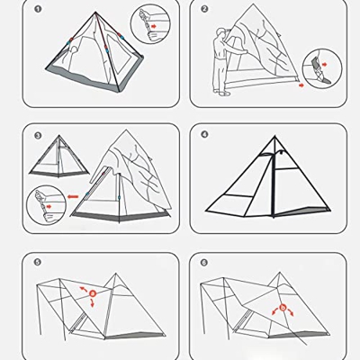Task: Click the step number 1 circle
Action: coord(38,10)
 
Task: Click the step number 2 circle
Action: coord(204,10)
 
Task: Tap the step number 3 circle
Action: coord(38,137)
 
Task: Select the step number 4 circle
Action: coord(204,136)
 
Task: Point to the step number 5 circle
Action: coord(37,263)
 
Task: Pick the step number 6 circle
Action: coord(204,263)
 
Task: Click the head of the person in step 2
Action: coord(221,35)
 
